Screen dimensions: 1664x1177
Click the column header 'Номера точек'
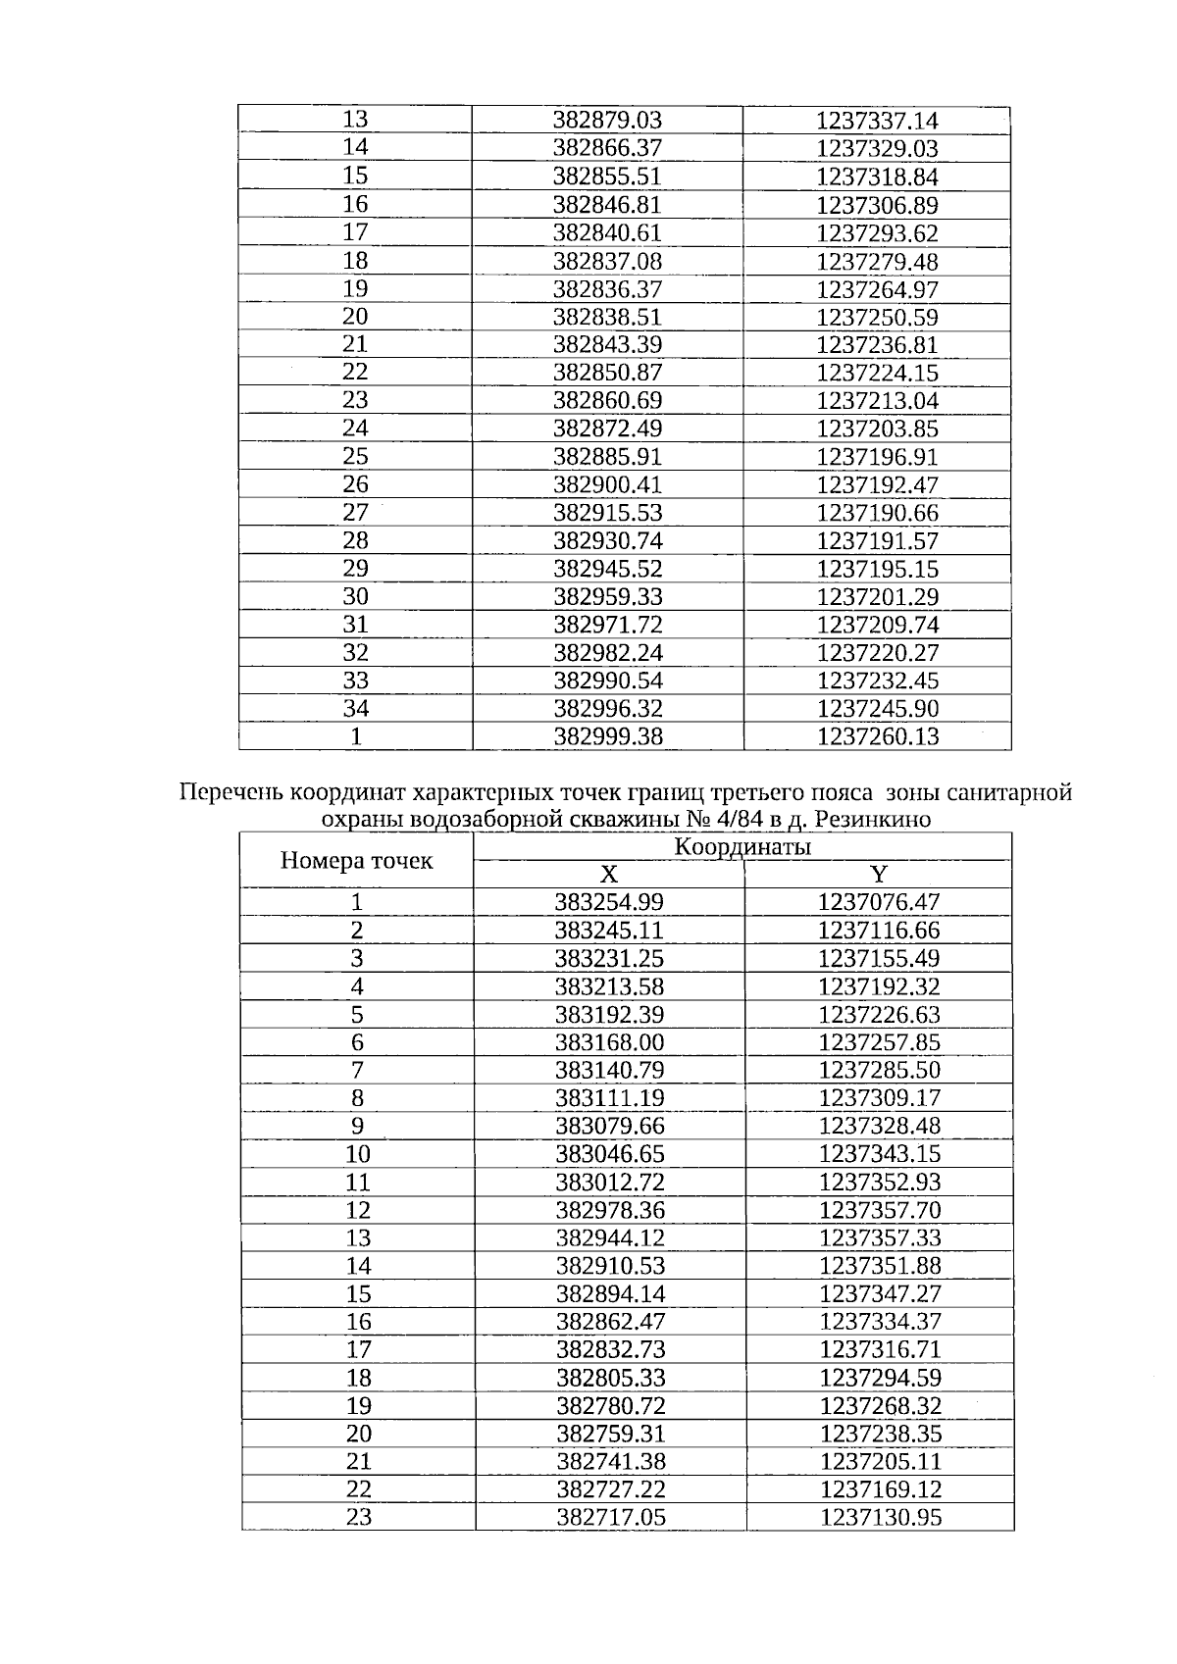pyautogui.click(x=356, y=861)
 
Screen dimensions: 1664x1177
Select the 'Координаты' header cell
pyautogui.click(x=742, y=847)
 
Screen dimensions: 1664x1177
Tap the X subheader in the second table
pyautogui.click(x=608, y=875)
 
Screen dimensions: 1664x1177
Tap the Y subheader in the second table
pyautogui.click(x=879, y=875)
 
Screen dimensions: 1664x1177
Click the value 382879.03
pyautogui.click(x=607, y=121)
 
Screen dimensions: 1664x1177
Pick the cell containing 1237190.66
pyautogui.click(x=877, y=513)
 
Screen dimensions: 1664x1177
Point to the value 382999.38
pyautogui.click(x=608, y=736)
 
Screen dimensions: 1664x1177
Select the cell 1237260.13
pyautogui.click(x=877, y=736)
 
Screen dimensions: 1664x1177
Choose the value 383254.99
pyautogui.click(x=609, y=902)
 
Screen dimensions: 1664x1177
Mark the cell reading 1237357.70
pyautogui.click(x=880, y=1210)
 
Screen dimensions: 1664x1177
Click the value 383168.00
pyautogui.click(x=609, y=1042)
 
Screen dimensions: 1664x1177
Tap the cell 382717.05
pyautogui.click(x=610, y=1518)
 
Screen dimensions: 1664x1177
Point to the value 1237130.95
pyautogui.click(x=880, y=1518)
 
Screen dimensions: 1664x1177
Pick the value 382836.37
pyautogui.click(x=607, y=289)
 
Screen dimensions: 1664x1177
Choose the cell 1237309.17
pyautogui.click(x=880, y=1098)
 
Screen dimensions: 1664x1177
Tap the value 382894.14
pyautogui.click(x=610, y=1293)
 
